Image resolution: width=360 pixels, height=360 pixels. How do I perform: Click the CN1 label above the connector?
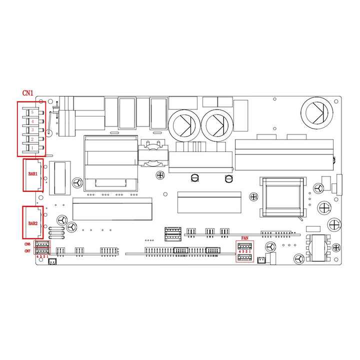(x=28, y=93)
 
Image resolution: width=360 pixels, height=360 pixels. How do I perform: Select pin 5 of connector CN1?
(x=32, y=112)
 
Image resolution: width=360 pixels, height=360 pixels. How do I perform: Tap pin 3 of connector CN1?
(x=32, y=130)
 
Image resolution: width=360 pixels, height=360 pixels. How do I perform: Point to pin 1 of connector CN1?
(x=32, y=148)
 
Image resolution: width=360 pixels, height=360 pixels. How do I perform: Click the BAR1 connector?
(x=33, y=175)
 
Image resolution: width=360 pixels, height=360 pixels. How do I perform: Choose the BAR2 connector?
(x=33, y=222)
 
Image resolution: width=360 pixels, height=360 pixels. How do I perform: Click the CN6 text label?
(x=27, y=244)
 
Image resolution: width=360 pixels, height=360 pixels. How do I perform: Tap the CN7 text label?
(x=27, y=251)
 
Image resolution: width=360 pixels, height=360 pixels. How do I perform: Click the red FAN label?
(x=244, y=238)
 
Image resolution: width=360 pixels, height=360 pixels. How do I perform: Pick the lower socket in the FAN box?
(x=244, y=258)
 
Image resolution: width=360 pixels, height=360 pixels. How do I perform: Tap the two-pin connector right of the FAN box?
(x=261, y=260)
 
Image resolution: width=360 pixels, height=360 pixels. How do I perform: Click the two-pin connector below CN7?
(x=52, y=261)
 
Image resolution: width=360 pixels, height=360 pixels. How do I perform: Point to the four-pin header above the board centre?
(x=173, y=232)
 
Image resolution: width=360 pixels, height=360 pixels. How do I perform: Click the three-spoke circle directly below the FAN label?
(x=270, y=247)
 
